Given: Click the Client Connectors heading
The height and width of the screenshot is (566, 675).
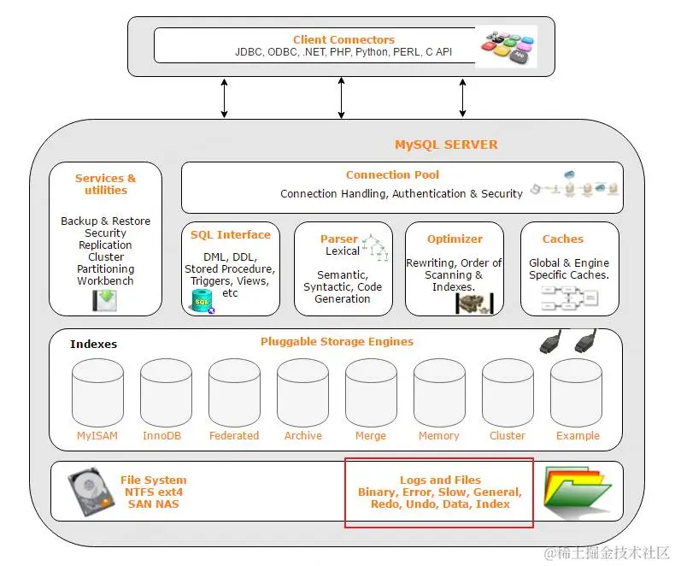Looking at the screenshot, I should click(x=343, y=39).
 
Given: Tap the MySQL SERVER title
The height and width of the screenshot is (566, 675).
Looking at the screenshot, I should click(x=446, y=144).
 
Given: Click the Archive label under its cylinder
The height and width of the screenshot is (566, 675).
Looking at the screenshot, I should click(x=303, y=436).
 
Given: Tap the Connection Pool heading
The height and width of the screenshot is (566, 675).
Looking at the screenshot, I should click(x=392, y=175).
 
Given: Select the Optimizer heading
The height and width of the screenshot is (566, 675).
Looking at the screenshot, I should click(x=455, y=239).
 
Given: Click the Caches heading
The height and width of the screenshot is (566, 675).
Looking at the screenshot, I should click(x=563, y=239).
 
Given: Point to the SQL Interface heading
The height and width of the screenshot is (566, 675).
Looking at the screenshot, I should click(x=231, y=235).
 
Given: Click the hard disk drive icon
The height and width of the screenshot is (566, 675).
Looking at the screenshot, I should click(x=91, y=491).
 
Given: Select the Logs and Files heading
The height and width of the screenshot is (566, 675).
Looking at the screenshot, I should click(x=440, y=481).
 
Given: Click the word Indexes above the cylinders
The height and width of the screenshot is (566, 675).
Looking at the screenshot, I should click(x=93, y=345).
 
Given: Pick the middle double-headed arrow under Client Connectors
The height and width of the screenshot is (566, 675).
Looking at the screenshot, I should click(x=342, y=97).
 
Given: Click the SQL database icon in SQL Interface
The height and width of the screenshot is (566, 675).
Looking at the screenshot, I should click(x=202, y=302).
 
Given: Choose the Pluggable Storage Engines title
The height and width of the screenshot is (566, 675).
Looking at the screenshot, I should click(x=337, y=342).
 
